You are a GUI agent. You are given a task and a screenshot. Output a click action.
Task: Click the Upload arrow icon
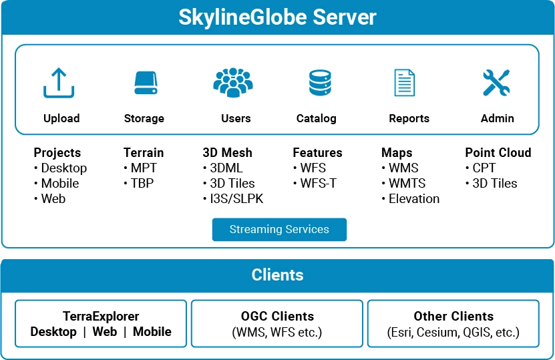[x=59, y=83]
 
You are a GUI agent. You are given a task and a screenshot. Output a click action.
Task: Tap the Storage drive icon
[x=146, y=83]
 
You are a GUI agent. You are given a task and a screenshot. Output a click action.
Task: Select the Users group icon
[x=233, y=82]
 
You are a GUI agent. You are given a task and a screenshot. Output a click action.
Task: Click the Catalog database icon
[x=320, y=83]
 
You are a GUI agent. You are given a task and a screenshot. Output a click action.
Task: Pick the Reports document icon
[x=405, y=83]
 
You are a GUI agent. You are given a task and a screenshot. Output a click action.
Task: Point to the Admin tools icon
[x=496, y=83]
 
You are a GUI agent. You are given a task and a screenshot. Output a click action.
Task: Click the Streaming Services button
[x=279, y=229]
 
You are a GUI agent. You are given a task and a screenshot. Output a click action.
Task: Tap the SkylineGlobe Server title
[x=278, y=17]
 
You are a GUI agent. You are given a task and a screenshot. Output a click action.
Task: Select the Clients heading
[x=278, y=275]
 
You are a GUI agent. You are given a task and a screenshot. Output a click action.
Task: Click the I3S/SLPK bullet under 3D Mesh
[x=234, y=199]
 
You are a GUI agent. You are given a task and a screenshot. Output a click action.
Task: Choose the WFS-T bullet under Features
[x=315, y=184]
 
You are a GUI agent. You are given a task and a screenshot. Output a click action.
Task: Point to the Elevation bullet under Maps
[x=411, y=199]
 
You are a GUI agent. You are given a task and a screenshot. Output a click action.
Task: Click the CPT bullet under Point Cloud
[x=481, y=168]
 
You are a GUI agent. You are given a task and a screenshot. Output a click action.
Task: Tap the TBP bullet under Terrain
[x=139, y=184]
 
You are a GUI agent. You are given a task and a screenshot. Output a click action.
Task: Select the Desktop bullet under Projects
[x=61, y=168]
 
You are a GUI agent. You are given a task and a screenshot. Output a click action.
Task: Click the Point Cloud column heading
[x=498, y=152]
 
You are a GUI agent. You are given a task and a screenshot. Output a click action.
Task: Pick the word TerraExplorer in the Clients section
[x=101, y=316]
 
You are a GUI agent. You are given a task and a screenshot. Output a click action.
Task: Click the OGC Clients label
[x=278, y=316]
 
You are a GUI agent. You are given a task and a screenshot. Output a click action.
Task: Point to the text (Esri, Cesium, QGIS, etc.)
[x=453, y=333]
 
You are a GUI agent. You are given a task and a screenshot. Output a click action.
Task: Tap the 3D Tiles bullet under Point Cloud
[x=492, y=184]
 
